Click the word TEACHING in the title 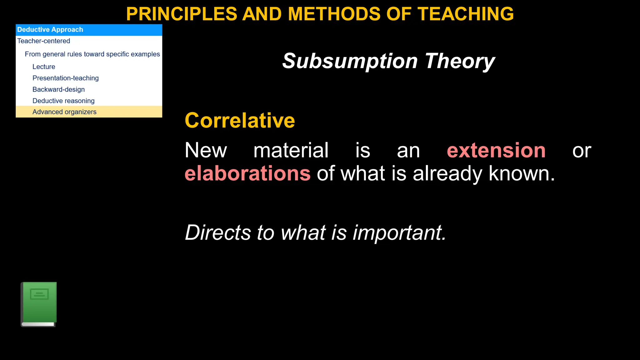[x=466, y=14]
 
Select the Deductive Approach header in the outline [x=50, y=30]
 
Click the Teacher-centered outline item [x=43, y=41]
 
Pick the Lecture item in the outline [x=44, y=67]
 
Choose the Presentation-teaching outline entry [x=65, y=78]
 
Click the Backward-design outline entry [x=58, y=89]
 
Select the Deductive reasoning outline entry [x=63, y=101]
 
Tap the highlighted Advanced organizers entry [x=64, y=112]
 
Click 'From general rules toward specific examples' [x=92, y=54]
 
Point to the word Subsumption [x=350, y=61]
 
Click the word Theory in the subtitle [x=460, y=61]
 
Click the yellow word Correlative [x=240, y=121]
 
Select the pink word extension [x=496, y=151]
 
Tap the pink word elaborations [x=247, y=174]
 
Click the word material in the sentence [x=291, y=151]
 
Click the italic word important [x=399, y=233]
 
